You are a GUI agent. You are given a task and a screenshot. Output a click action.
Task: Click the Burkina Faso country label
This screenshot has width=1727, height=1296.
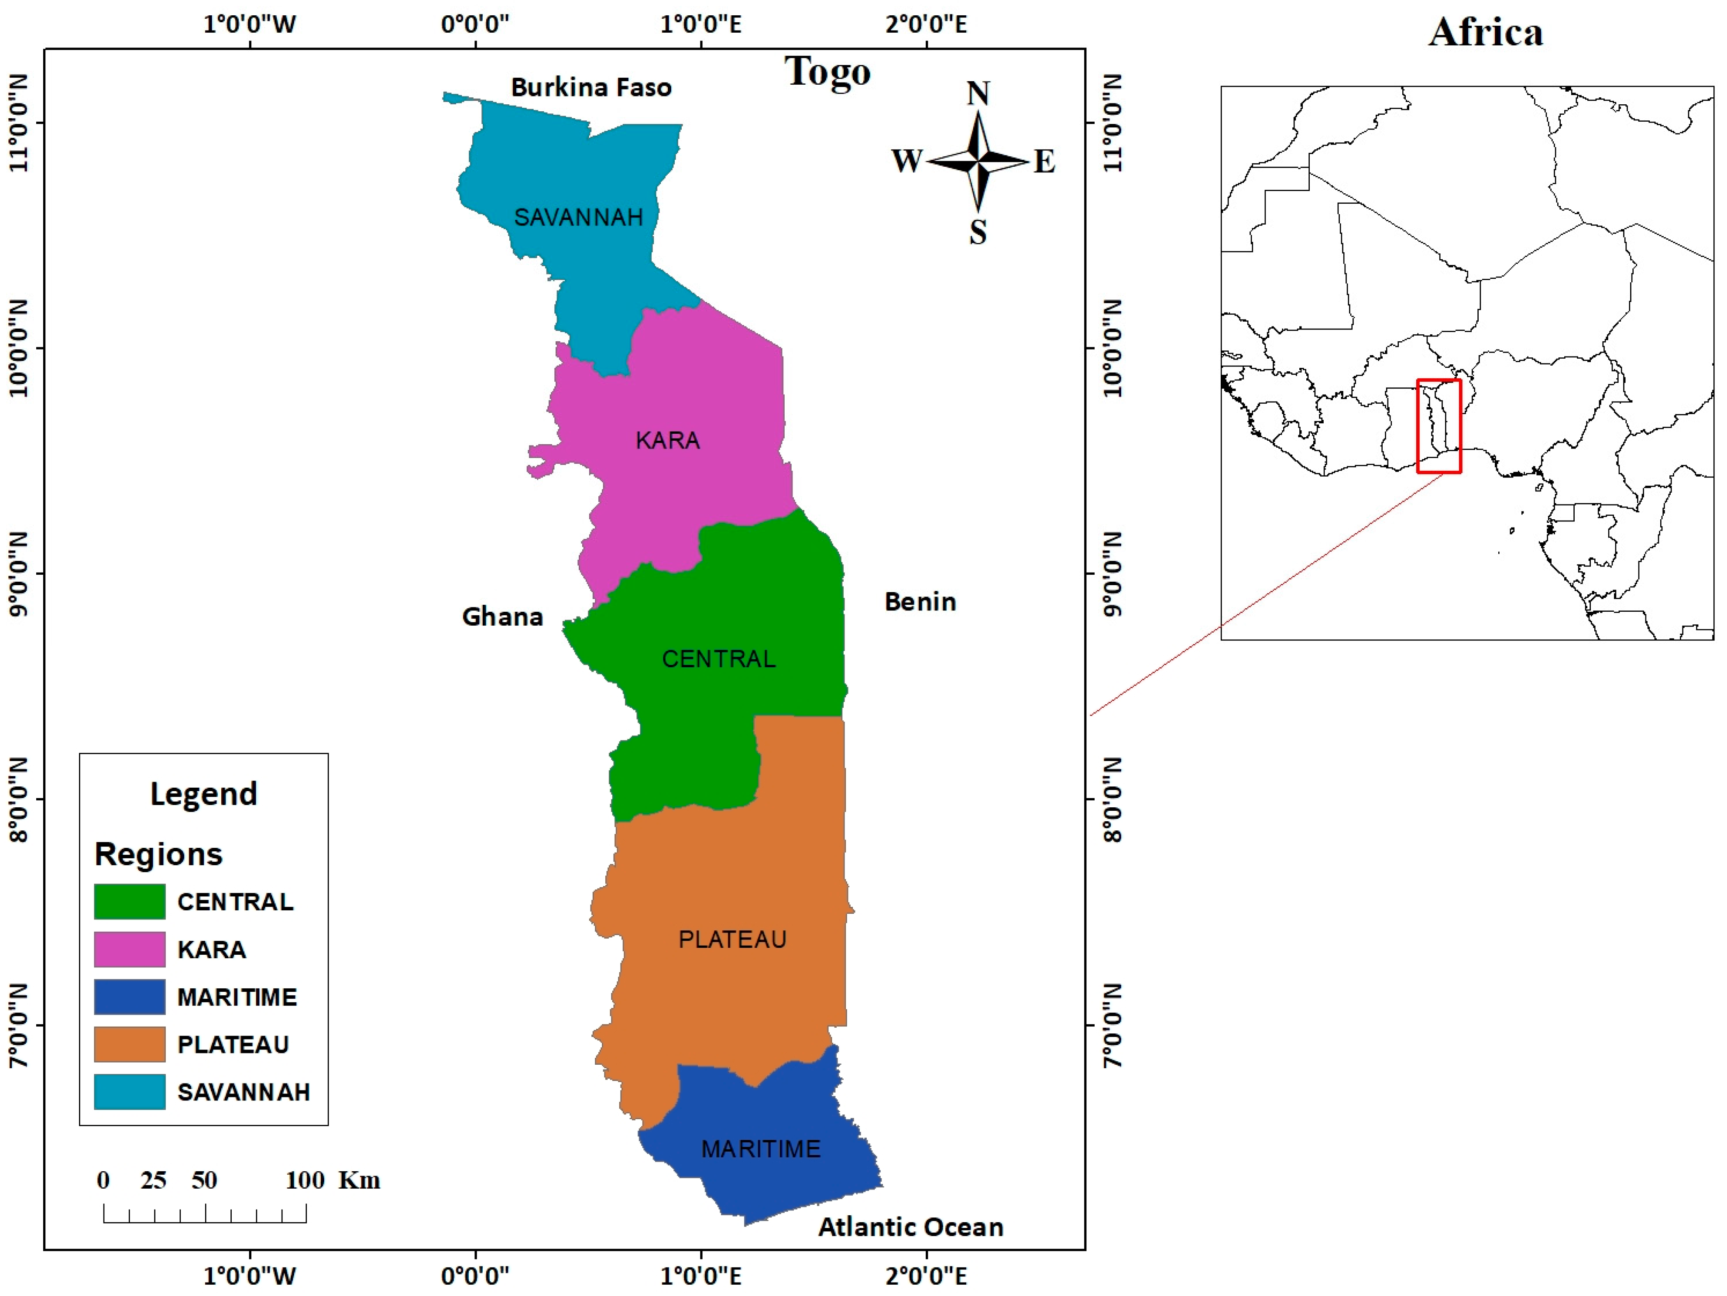point(591,87)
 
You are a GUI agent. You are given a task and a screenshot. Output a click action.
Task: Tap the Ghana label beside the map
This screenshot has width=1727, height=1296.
point(502,617)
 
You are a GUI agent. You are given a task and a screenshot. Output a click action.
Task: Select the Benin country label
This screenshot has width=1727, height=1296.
point(920,602)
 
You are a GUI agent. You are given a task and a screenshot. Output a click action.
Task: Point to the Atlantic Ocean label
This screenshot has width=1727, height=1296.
point(910,1227)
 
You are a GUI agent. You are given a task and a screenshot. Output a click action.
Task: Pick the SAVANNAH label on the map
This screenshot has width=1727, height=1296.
point(578,217)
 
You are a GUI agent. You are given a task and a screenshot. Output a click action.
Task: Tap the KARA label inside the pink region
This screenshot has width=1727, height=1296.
point(667,440)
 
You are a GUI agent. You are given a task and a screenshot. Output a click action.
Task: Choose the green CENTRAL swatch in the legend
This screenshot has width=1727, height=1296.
point(130,902)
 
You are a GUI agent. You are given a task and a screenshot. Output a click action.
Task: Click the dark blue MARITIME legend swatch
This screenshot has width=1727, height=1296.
point(130,997)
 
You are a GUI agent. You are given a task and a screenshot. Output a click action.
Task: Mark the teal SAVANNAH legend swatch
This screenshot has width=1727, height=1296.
point(130,1091)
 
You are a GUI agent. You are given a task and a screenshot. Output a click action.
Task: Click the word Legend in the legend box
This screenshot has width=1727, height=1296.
point(204,794)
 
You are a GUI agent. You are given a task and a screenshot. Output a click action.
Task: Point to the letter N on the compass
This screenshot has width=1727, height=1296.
point(978,94)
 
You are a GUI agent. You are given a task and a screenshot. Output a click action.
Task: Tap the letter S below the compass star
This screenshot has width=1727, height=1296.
point(978,232)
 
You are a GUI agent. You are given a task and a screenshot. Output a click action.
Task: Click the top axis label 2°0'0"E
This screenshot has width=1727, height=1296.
point(926,24)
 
